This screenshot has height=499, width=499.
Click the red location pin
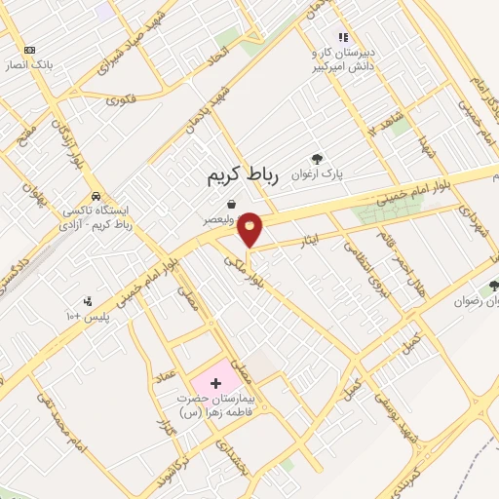(x=251, y=229)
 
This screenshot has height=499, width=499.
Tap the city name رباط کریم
(x=243, y=175)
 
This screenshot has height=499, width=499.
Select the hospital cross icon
(x=214, y=384)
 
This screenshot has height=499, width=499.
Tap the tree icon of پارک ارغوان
(x=317, y=159)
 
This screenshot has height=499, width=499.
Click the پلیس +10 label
(x=90, y=318)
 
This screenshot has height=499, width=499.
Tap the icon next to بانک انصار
(x=29, y=50)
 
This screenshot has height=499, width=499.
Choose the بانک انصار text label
(x=36, y=65)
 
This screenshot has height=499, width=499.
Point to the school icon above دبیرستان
(x=342, y=37)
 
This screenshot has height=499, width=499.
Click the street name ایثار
(x=310, y=239)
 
